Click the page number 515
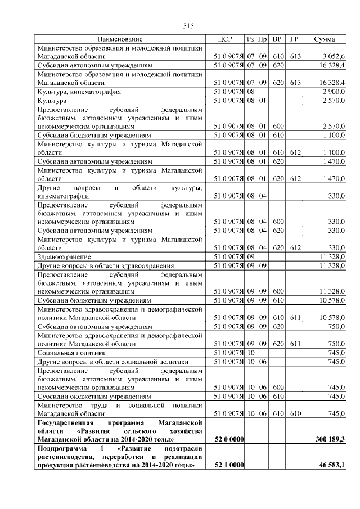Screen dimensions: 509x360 click(188, 26)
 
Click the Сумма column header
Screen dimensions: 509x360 click(325, 39)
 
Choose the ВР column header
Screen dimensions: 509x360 click(277, 39)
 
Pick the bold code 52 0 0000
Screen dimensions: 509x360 click(229, 439)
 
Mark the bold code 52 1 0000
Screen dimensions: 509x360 click(229, 465)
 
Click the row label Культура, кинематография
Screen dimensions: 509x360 click(79, 91)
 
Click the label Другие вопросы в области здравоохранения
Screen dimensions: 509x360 click(105, 265)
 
